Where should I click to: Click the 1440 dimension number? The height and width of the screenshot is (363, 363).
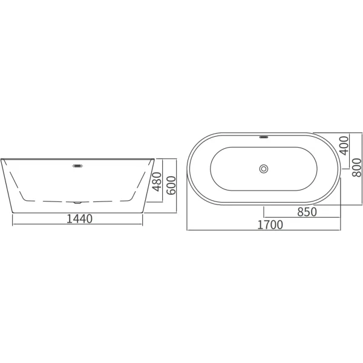(79, 218)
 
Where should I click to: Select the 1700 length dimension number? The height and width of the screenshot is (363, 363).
(270, 225)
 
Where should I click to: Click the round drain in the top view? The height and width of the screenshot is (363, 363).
(264, 169)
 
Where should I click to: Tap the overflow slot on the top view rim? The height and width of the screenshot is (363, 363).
(264, 136)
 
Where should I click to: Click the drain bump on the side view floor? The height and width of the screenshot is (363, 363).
(77, 201)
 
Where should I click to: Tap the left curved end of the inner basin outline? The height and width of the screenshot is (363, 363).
(211, 169)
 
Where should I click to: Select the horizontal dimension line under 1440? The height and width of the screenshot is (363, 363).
(79, 225)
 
